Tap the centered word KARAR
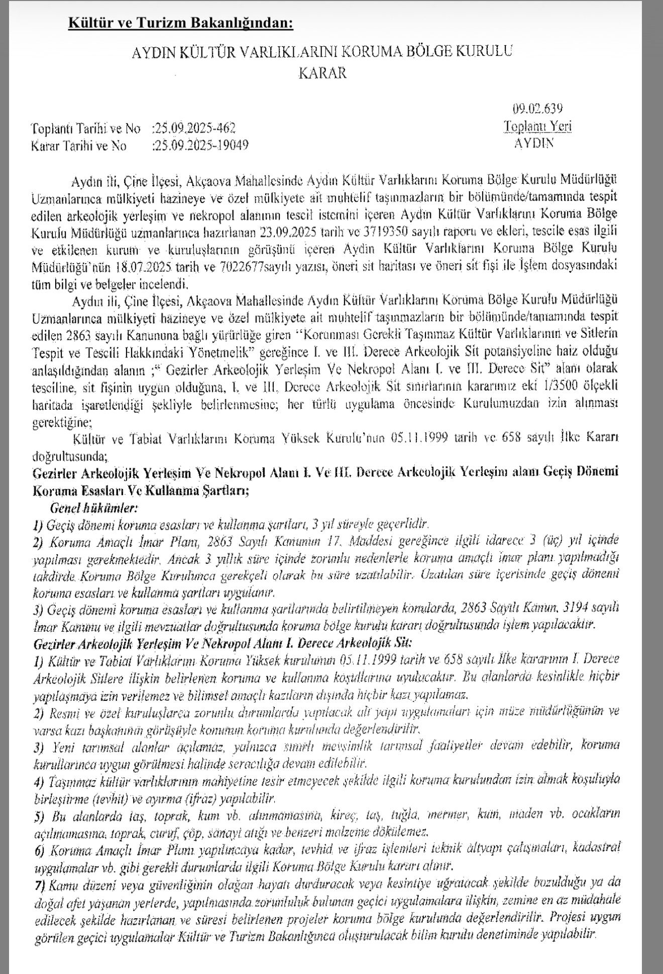[x=322, y=73]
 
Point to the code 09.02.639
[x=537, y=108]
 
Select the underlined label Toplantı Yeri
[x=538, y=126]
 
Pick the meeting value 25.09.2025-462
[x=193, y=128]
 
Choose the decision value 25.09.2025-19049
[x=199, y=146]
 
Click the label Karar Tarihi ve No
[x=79, y=146]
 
